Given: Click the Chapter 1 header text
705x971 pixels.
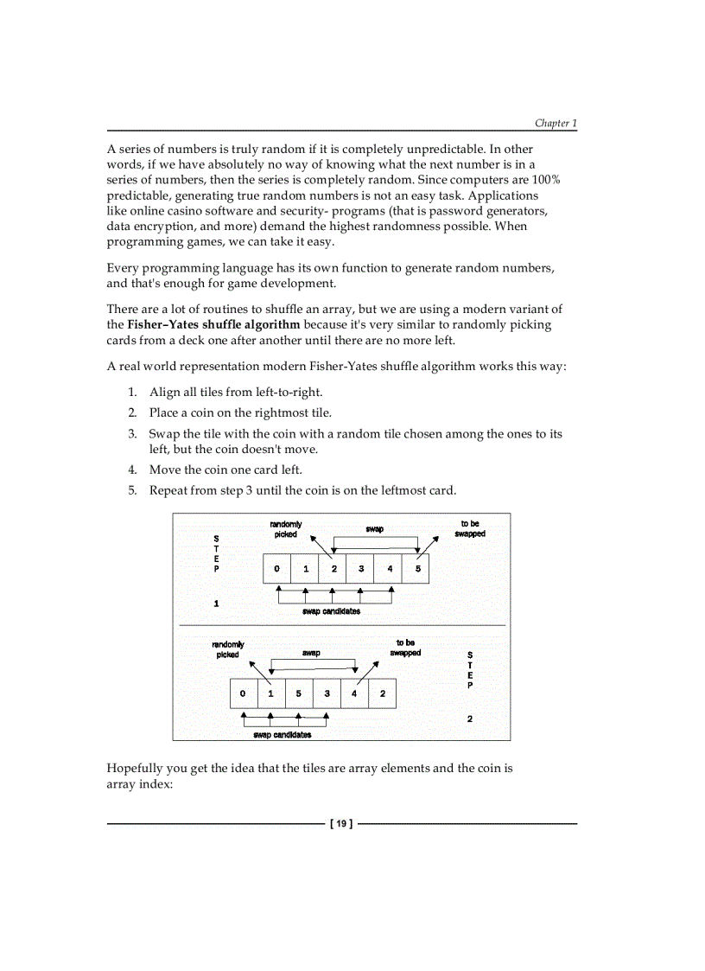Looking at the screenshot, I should [x=555, y=123].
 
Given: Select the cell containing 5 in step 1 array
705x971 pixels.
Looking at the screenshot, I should [x=416, y=569].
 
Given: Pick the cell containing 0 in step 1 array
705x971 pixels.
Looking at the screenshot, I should [x=276, y=569].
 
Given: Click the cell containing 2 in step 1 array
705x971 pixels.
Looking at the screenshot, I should [x=333, y=569].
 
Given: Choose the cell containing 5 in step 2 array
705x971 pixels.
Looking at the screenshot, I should [x=299, y=693].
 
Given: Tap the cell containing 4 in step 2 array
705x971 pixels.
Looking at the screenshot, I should [x=355, y=693].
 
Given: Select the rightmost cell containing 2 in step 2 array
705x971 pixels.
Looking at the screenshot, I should [x=383, y=693].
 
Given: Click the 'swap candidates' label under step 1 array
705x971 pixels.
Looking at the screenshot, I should [x=332, y=611].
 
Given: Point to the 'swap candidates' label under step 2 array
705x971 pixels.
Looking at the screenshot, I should [x=283, y=735].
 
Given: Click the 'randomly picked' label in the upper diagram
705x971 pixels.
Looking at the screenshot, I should [x=286, y=529].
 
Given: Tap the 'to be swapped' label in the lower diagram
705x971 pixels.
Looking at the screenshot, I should [x=405, y=648].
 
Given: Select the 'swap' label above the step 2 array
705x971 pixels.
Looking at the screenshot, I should [x=311, y=653].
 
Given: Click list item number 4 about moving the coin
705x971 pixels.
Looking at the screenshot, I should [x=225, y=470].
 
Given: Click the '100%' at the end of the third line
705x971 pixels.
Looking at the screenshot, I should [x=546, y=179].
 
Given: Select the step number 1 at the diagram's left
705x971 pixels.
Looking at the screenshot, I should [x=216, y=604].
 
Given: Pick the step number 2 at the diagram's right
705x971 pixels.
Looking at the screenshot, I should [x=469, y=719].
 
